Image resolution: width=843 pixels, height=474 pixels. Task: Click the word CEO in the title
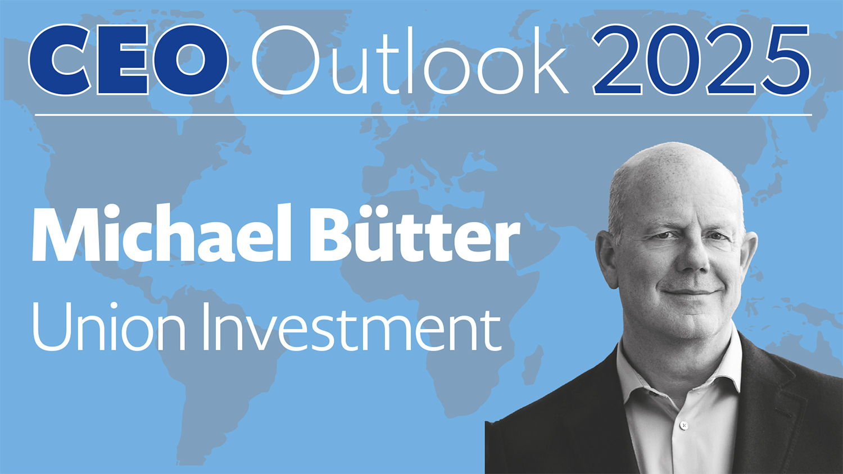pyautogui.click(x=128, y=60)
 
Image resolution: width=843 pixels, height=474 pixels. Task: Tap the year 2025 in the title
pyautogui.click(x=701, y=61)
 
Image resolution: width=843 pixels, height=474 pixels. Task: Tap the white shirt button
pyautogui.click(x=684, y=425)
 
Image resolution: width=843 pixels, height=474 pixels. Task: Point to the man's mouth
pyautogui.click(x=690, y=292)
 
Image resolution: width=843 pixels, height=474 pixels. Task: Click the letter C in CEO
pyautogui.click(x=60, y=60)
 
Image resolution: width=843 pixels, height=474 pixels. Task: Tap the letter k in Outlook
pyautogui.click(x=547, y=60)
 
